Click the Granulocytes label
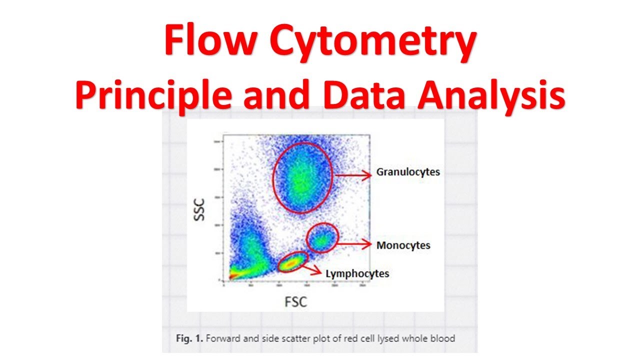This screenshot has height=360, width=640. (408, 172)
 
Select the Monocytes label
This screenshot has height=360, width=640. (403, 245)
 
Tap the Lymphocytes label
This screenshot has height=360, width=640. (357, 273)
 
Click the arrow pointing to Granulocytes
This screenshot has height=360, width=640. (353, 174)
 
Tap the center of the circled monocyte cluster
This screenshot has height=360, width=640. (322, 239)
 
